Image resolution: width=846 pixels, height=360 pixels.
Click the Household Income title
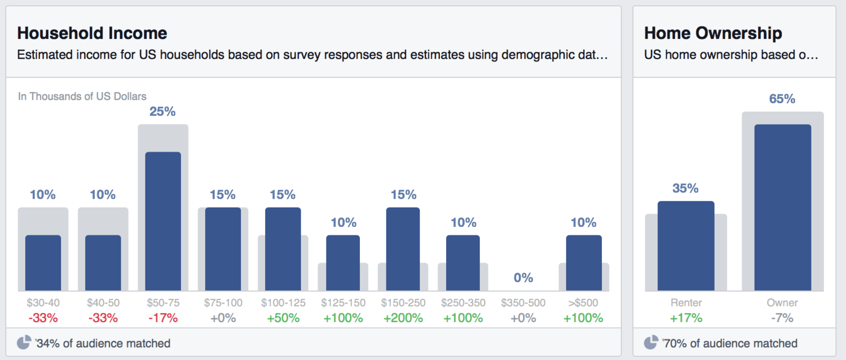(x=92, y=33)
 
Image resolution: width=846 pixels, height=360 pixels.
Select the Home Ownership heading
(x=713, y=33)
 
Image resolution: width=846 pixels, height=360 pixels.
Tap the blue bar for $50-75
(x=163, y=221)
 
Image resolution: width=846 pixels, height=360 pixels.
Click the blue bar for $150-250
(x=403, y=249)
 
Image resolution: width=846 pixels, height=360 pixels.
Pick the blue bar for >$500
(x=584, y=262)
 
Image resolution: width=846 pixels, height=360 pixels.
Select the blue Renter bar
(x=686, y=245)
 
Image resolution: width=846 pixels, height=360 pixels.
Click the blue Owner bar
(x=782, y=207)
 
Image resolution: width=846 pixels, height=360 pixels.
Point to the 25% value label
(x=162, y=112)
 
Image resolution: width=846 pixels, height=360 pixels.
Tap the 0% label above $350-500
(x=523, y=278)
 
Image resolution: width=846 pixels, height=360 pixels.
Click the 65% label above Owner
(x=782, y=99)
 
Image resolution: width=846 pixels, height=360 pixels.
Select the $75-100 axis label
(x=223, y=303)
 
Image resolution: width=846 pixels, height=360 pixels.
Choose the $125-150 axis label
(x=343, y=303)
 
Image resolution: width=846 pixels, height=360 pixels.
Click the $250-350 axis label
(x=463, y=303)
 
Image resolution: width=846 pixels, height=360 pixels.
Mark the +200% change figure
(x=403, y=318)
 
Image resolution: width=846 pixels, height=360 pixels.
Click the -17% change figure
(x=163, y=318)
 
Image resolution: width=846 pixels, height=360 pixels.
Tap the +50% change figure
(x=283, y=318)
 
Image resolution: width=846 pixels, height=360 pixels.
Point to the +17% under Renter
(x=686, y=318)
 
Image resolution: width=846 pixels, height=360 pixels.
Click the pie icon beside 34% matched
(x=24, y=343)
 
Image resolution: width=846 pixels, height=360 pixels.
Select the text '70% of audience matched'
(x=731, y=343)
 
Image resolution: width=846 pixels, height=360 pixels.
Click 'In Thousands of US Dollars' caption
(x=82, y=96)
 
